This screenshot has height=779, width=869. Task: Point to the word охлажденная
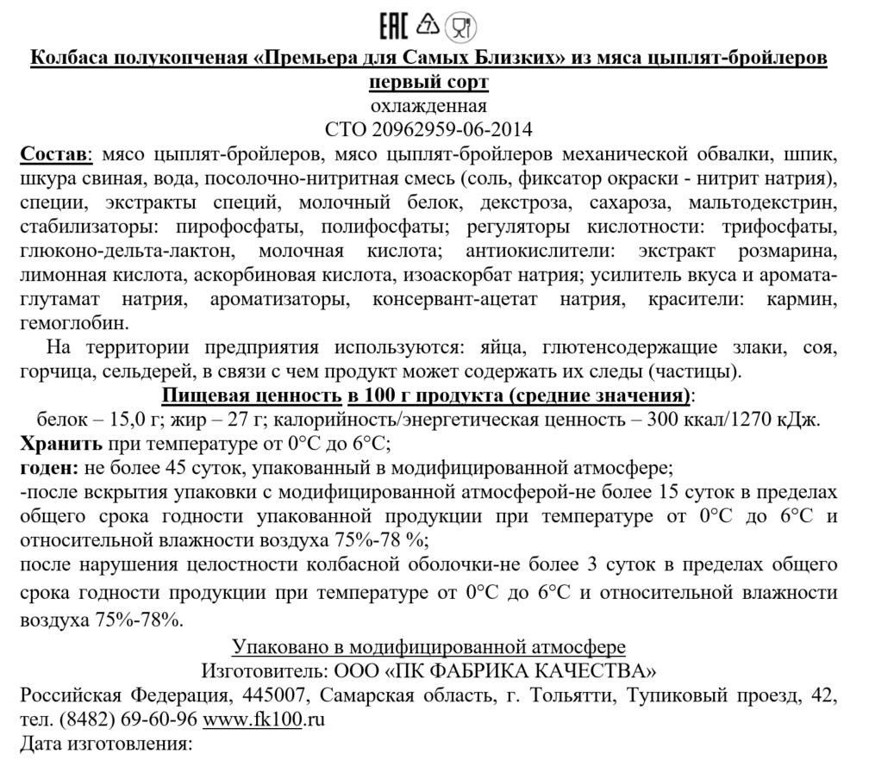tap(428, 106)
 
